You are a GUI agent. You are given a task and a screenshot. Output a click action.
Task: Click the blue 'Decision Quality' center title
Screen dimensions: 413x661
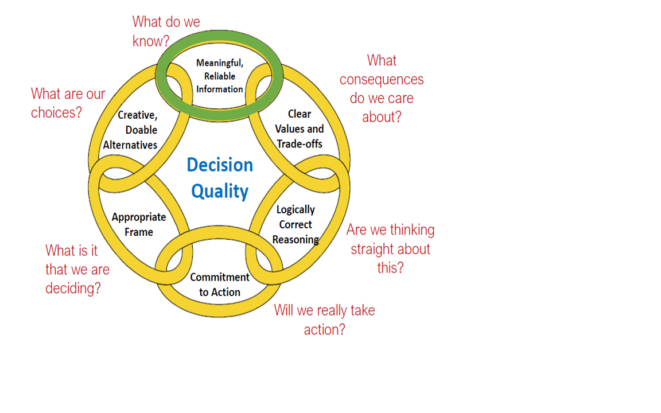[220, 178]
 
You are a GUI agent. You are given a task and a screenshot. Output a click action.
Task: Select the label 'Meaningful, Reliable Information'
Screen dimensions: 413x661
[220, 76]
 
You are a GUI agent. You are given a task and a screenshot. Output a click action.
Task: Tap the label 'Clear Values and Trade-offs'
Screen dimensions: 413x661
[299, 129]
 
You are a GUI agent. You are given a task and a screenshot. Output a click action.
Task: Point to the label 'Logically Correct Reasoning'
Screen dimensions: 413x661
[295, 224]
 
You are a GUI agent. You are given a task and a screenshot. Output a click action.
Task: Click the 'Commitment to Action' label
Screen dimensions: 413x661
[220, 285]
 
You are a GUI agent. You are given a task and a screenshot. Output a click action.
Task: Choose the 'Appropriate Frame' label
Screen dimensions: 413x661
[139, 224]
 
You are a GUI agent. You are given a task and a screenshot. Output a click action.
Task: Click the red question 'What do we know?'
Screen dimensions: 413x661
[166, 31]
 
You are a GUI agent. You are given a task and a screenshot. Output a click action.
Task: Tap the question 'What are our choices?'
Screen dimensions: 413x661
[68, 103]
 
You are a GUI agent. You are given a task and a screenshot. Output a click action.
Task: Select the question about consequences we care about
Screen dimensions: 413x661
[382, 88]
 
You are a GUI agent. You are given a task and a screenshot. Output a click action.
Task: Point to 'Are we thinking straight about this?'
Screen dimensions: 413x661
[390, 248]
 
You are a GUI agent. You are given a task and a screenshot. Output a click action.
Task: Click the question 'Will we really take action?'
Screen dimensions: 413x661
[324, 320]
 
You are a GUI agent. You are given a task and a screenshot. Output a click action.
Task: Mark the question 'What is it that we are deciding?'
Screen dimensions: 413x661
[77, 269]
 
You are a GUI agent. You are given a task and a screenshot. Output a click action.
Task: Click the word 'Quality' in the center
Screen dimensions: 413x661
[220, 191]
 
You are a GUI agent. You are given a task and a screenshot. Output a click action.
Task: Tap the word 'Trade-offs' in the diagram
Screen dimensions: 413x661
[300, 144]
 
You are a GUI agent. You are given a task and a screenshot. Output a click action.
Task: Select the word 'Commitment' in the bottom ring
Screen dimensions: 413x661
[220, 277]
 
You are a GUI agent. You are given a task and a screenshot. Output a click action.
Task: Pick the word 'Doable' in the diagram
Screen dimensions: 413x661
[141, 130]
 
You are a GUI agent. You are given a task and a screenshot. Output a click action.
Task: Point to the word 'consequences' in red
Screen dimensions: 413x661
[382, 79]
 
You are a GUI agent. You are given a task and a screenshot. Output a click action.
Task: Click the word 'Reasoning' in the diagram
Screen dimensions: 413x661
[295, 239]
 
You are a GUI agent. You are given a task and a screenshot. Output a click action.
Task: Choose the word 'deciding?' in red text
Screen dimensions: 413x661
[73, 288]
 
